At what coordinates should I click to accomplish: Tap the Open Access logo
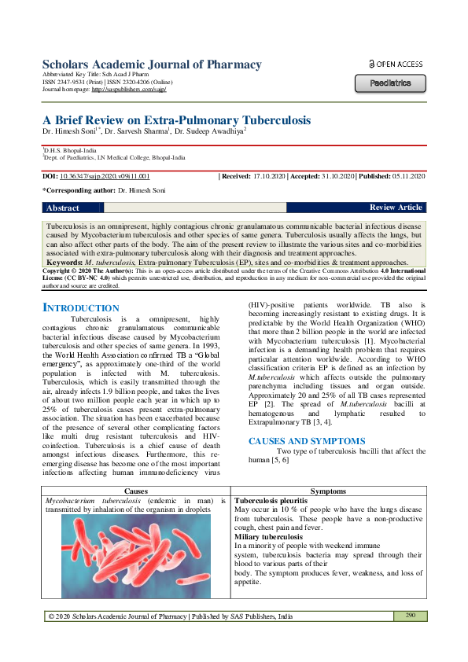tap(395, 64)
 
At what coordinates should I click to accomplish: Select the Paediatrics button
tap(390, 83)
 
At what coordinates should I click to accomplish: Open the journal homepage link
tap(129, 90)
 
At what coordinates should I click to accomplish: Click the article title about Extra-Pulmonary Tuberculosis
tap(176, 120)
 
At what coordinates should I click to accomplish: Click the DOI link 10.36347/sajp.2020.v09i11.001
tap(105, 177)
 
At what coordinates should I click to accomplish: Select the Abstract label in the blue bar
tap(63, 208)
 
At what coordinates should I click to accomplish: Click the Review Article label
tap(396, 208)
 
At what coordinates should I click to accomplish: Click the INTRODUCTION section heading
tap(81, 308)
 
